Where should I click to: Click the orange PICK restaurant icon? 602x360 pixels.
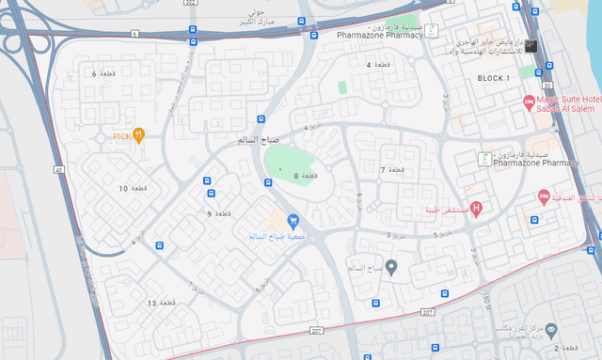coord(138,135)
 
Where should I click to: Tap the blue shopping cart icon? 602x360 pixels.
coord(293,222)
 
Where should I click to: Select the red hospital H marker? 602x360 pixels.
coord(476,208)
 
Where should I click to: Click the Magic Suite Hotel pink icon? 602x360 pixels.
coord(529,100)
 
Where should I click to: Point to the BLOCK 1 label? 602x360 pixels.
coord(494,77)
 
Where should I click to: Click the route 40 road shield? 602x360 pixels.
coord(58,169)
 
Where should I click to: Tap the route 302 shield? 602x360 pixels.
coord(193,4)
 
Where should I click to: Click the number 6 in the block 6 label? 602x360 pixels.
coord(94,72)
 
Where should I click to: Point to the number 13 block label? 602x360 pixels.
coord(151,303)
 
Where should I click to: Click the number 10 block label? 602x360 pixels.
coord(122,189)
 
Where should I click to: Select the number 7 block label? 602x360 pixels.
coord(383,169)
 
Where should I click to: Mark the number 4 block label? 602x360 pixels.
coord(369,64)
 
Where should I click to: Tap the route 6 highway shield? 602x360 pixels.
coord(135,34)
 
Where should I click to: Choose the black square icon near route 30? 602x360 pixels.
coord(531,45)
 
